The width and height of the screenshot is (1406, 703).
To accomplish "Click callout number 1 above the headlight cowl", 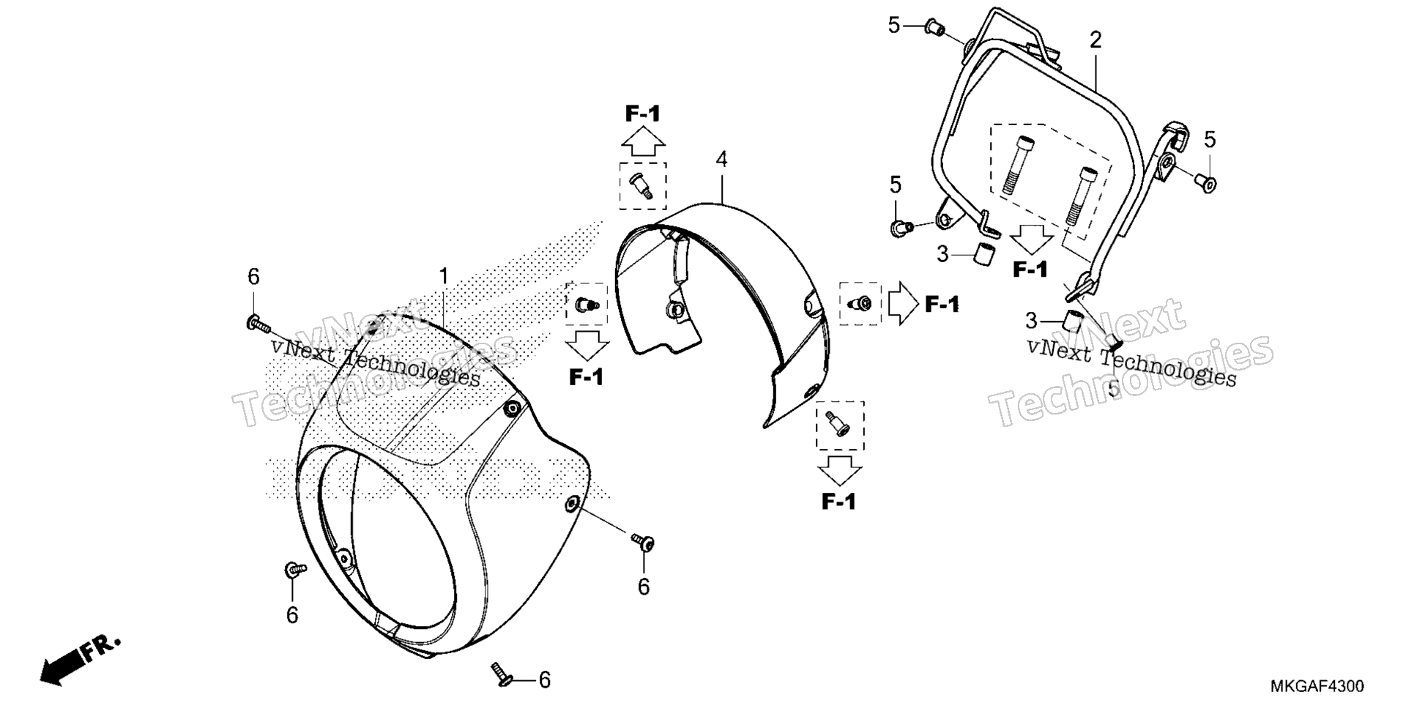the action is tap(443, 277).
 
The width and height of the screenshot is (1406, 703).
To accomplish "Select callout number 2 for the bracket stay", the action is tap(1096, 40).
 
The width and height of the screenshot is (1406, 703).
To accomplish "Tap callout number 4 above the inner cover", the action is tap(722, 160).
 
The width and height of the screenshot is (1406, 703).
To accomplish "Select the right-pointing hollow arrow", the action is tap(904, 303).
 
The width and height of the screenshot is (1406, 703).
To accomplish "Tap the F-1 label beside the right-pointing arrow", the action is tap(942, 304).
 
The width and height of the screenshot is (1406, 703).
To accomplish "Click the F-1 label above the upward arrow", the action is tap(643, 114).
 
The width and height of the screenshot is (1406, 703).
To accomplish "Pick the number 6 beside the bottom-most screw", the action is tap(544, 680).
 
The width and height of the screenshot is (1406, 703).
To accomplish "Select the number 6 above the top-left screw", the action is tap(253, 277).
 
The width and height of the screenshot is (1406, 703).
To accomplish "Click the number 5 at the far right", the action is tap(1210, 138).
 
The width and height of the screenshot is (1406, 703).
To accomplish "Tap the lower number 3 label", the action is tap(1031, 320).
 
